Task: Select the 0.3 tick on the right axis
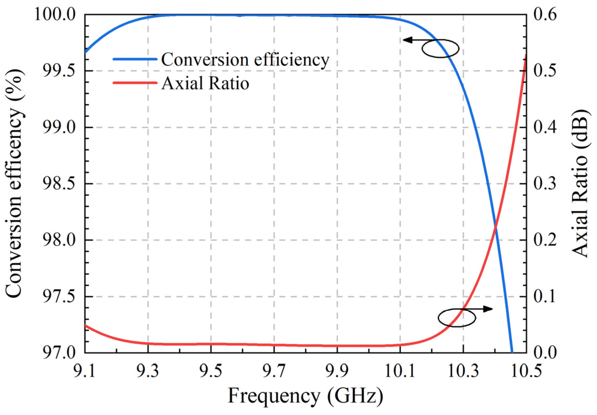(x=545, y=184)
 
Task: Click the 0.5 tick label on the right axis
(x=545, y=71)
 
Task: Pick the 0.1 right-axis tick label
(x=545, y=297)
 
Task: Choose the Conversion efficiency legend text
(x=245, y=60)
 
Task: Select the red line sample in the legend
(x=135, y=83)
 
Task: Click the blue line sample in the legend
(x=135, y=59)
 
